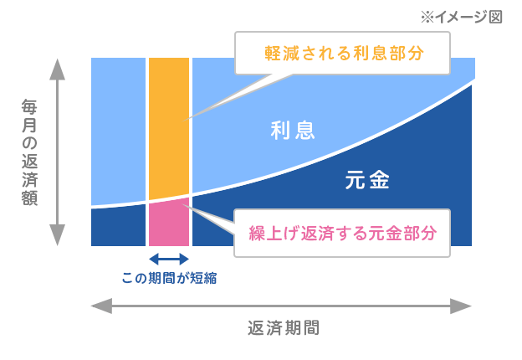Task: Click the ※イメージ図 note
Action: [x=462, y=17]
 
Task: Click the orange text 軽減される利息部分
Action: [x=344, y=54]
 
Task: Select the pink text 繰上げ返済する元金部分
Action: [x=343, y=233]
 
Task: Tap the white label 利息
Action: [x=293, y=131]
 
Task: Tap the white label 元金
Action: [x=367, y=180]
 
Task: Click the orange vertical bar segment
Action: [x=169, y=128]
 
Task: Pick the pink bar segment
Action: [x=169, y=223]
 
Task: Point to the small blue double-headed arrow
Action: [x=169, y=259]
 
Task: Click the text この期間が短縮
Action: [x=169, y=278]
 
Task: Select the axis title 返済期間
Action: [x=284, y=328]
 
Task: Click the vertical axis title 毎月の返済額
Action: [x=29, y=152]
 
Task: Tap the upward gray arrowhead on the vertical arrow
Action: [x=57, y=69]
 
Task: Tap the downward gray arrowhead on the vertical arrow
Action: [x=57, y=235]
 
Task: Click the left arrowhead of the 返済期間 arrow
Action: [x=101, y=306]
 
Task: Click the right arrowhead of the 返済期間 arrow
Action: [x=461, y=306]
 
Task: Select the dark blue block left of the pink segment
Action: [x=118, y=225]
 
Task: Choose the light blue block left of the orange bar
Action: [x=118, y=131]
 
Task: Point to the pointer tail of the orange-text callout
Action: [x=233, y=97]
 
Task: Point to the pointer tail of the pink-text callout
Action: [x=209, y=219]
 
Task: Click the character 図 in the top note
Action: [x=496, y=17]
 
